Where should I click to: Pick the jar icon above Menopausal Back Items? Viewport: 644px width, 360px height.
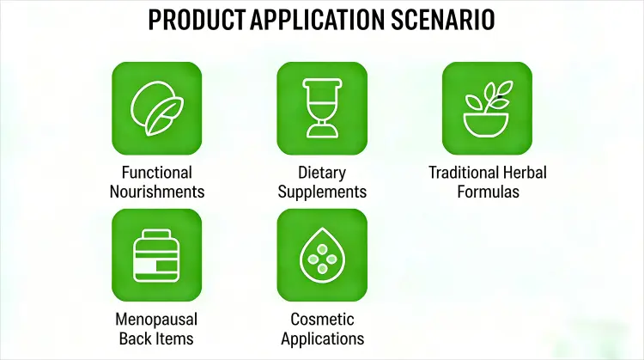pyautogui.click(x=157, y=255)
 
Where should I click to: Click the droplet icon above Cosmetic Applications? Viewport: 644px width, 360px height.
pyautogui.click(x=321, y=255)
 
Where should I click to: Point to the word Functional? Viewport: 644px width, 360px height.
pyautogui.click(x=157, y=173)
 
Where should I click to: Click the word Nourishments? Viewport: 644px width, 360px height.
pyautogui.click(x=157, y=192)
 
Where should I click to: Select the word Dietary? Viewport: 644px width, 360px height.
pyautogui.click(x=321, y=173)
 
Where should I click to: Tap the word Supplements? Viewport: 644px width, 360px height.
pyautogui.click(x=321, y=192)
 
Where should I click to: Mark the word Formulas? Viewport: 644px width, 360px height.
pyautogui.click(x=487, y=192)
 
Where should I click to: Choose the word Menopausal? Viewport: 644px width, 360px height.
pyautogui.click(x=157, y=319)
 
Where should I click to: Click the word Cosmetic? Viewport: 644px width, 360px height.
pyautogui.click(x=321, y=319)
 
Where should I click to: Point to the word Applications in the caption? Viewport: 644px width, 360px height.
pyautogui.click(x=321, y=338)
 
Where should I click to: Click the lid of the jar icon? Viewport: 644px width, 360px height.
pyautogui.click(x=157, y=236)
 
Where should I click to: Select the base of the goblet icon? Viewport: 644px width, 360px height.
pyautogui.click(x=321, y=132)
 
